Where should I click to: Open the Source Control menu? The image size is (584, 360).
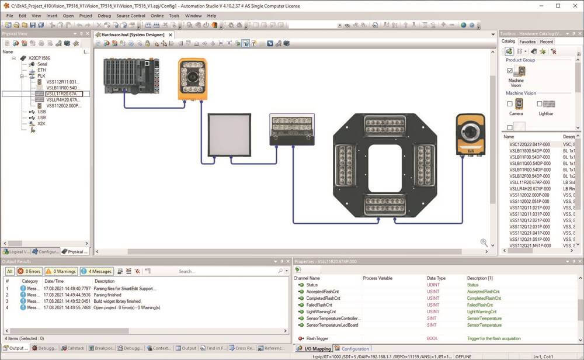[x=130, y=16]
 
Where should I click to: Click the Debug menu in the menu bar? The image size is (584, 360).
[x=104, y=16]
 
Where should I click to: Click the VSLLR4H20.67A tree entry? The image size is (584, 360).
[x=62, y=99]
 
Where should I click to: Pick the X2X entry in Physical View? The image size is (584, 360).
[x=41, y=123]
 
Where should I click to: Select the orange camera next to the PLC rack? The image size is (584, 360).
[x=192, y=78]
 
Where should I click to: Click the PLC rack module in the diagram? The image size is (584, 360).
[x=131, y=75]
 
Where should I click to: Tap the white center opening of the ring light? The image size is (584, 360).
[x=384, y=167]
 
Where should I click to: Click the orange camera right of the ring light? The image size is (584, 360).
[x=470, y=135]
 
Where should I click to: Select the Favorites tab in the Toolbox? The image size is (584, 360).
[x=527, y=42]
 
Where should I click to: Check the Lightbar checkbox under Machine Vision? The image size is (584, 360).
[x=540, y=104]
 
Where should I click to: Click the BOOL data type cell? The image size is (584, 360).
[x=433, y=338]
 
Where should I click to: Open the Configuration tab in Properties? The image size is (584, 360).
[x=355, y=349]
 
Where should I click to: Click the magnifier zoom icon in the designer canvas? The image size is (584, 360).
[x=484, y=243]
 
